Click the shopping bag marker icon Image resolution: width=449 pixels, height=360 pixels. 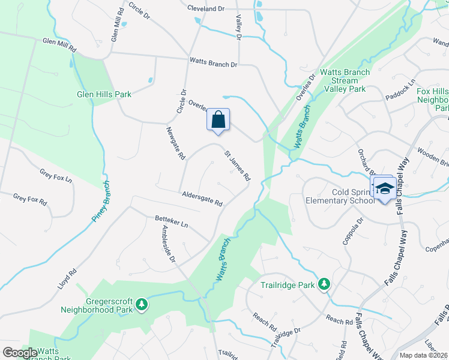pyautogui.click(x=218, y=119)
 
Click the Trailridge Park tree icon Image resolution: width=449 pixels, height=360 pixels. pyautogui.click(x=324, y=283)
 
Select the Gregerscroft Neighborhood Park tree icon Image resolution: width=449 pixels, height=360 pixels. pyautogui.click(x=142, y=304)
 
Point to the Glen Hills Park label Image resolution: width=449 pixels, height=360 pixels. pyautogui.click(x=104, y=94)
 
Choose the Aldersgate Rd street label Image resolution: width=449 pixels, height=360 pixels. pyautogui.click(x=202, y=199)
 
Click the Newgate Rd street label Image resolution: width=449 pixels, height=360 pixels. pyautogui.click(x=175, y=143)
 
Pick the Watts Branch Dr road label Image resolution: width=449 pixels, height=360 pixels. pyautogui.click(x=213, y=62)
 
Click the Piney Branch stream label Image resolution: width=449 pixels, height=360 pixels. pyautogui.click(x=101, y=202)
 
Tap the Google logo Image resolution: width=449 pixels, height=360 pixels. pyautogui.click(x=20, y=353)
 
